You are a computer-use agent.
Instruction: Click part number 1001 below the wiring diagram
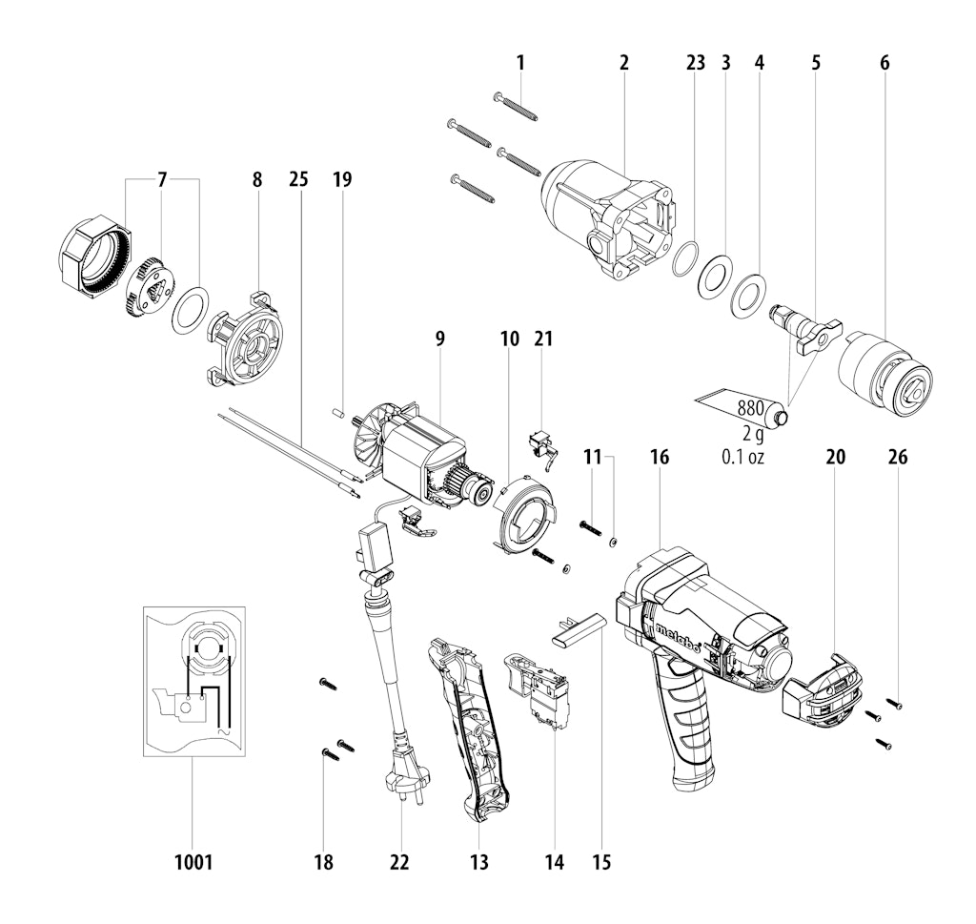193,862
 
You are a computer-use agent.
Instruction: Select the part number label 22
399,862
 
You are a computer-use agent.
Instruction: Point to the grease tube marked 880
743,408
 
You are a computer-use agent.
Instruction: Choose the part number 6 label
884,63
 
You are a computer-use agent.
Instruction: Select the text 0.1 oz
742,457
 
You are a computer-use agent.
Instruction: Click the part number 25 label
298,179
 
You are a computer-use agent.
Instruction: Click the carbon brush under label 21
542,447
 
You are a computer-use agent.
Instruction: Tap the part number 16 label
660,457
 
